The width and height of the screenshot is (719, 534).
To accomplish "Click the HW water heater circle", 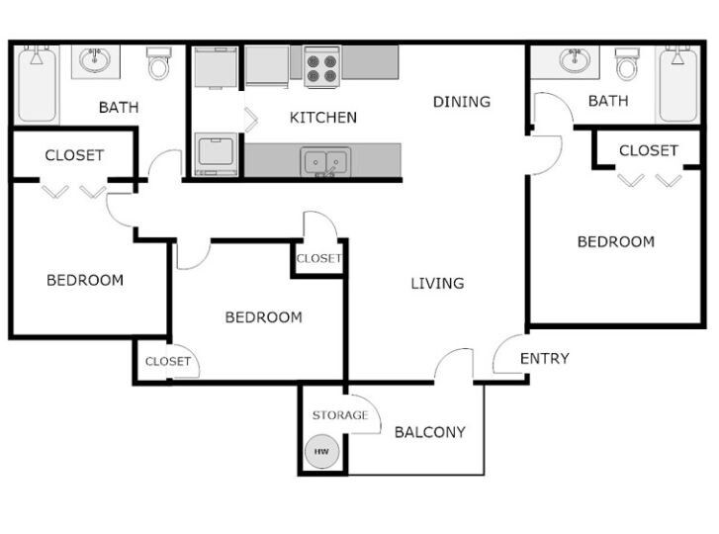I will tap(321, 452).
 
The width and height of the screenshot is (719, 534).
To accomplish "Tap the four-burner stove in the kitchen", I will tap(321, 67).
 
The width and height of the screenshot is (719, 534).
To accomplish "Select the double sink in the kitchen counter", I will tap(325, 160).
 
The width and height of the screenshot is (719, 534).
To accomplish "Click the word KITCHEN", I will tap(322, 118).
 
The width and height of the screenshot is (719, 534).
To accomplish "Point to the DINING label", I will tap(461, 102).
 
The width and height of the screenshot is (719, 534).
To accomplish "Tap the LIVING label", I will tap(437, 284).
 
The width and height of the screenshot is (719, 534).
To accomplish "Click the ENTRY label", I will tap(544, 358).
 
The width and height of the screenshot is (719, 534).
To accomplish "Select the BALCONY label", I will tap(429, 432).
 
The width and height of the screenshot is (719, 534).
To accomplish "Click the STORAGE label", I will tap(340, 415).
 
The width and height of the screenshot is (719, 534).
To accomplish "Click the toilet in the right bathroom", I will tap(626, 65).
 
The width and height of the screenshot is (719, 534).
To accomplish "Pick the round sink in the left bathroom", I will tap(96, 61).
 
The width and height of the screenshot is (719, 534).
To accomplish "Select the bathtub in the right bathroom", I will tap(678, 84).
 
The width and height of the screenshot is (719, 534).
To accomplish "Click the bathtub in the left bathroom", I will tap(38, 84).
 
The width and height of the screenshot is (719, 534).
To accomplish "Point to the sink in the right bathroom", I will tap(575, 61).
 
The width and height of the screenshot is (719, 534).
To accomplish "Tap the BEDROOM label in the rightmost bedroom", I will tap(615, 241).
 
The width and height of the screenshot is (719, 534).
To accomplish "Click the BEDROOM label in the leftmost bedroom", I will tap(85, 280).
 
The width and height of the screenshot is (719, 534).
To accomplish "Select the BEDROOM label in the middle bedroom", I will tap(263, 317).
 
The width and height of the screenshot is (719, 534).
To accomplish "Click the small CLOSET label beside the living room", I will tap(318, 259).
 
